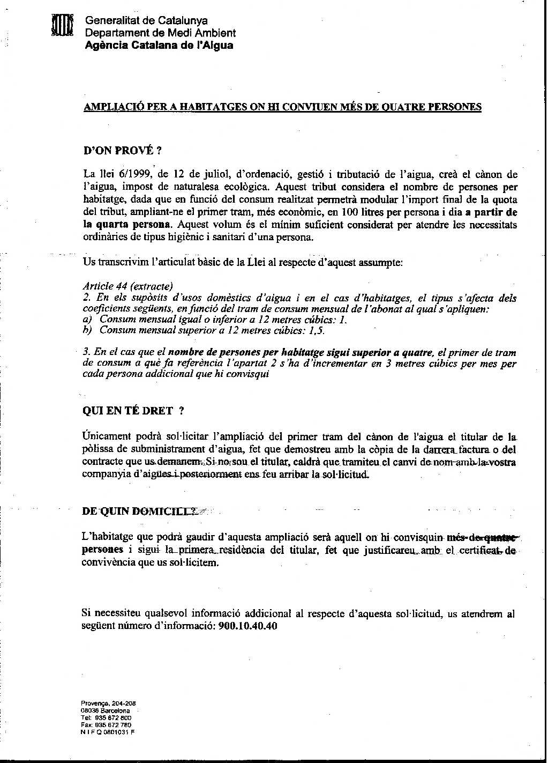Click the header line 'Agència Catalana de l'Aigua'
(159, 45)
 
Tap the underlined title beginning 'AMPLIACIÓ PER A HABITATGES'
(283, 107)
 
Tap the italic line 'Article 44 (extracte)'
(128, 286)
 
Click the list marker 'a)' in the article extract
(88, 319)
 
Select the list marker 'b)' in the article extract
(88, 330)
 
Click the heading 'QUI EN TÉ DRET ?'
(134, 411)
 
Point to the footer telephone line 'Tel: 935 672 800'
(106, 717)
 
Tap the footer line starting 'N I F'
(108, 732)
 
